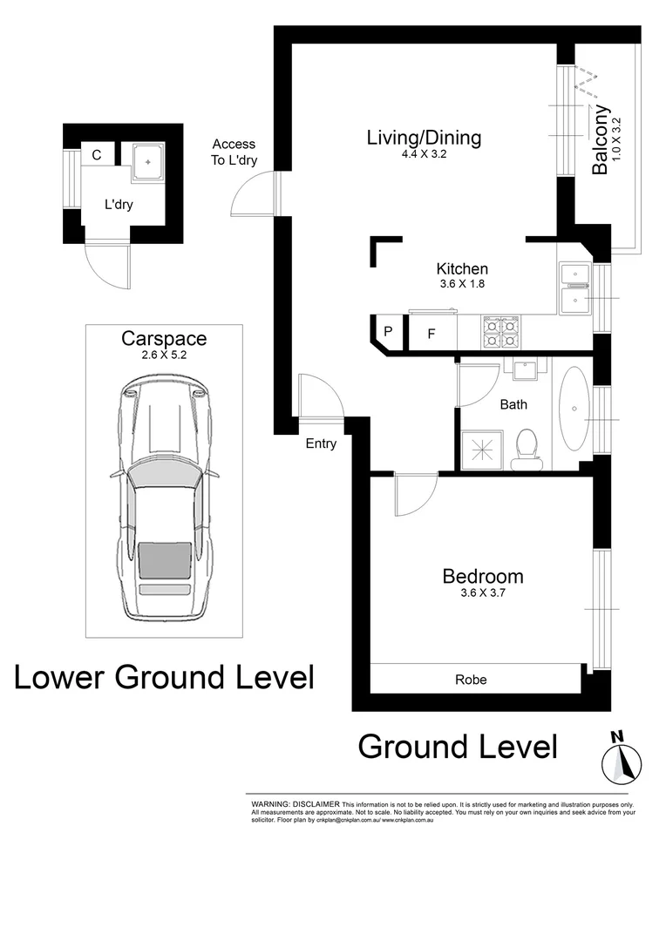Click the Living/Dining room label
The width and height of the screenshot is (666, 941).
coord(424,138)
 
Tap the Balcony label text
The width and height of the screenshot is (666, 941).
coord(600,140)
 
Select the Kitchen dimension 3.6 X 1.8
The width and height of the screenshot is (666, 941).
coord(462,283)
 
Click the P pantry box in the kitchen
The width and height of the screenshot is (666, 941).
coord(388,332)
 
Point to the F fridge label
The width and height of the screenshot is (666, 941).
coord(431,334)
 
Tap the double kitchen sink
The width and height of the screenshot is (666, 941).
coord(575,288)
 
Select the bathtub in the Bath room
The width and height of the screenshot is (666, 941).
coord(574,409)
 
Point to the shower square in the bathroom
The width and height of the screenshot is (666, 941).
coord(481,448)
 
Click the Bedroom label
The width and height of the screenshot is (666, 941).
coord(483,576)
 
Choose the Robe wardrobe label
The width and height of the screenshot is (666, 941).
coord(472,680)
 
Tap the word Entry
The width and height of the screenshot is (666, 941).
coord(321,443)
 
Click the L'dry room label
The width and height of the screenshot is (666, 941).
coord(119,205)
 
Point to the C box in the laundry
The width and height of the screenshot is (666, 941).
coord(97,156)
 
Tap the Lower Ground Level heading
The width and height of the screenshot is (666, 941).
coord(164,676)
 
